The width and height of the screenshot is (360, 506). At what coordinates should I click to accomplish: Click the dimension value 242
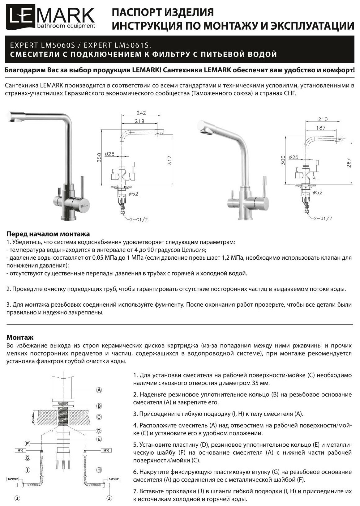point(141,113)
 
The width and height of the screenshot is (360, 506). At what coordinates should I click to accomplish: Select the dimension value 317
point(169,160)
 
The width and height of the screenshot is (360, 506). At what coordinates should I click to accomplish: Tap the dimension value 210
point(322,119)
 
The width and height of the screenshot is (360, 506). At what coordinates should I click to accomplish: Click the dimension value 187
point(321,128)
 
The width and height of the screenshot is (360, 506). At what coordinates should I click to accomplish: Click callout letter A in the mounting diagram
point(99,390)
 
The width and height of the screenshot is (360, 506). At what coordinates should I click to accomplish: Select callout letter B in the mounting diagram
point(99,406)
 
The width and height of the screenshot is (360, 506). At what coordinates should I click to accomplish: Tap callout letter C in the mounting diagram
point(99,417)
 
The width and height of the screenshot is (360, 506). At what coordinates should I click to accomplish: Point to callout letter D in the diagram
point(99,431)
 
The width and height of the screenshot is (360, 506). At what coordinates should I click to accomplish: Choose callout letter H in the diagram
point(99,470)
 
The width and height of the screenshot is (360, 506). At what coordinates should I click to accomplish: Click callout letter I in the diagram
point(28,470)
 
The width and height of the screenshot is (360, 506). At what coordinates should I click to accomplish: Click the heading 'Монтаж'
point(20,338)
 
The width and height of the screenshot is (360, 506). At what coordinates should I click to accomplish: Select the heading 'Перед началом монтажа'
point(48,234)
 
